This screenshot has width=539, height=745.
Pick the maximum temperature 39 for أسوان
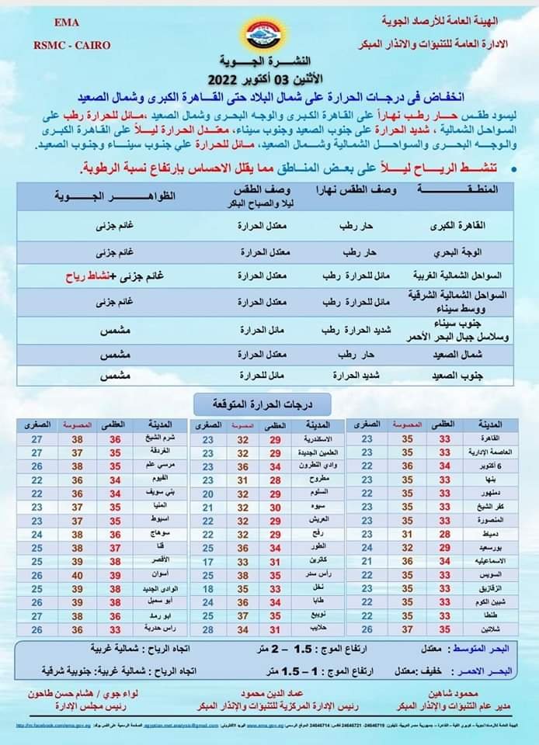115,575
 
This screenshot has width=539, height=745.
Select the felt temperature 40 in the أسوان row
78,575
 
